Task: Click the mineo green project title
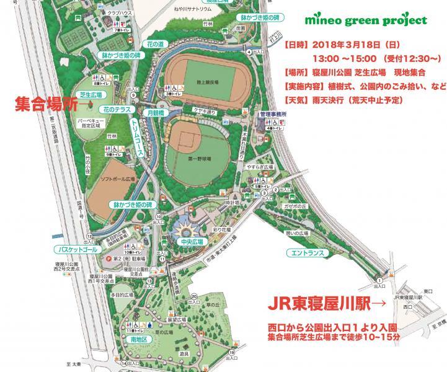pos(365,20)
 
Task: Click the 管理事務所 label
pos(273,115)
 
